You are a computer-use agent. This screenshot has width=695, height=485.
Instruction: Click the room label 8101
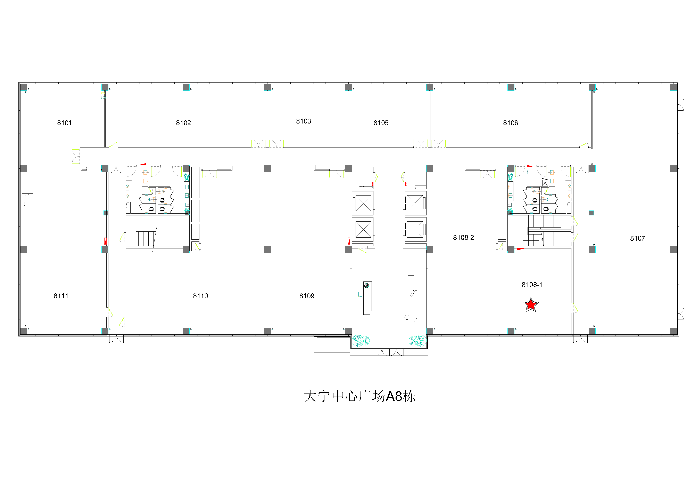[65, 123]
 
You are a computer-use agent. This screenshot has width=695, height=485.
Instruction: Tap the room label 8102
[183, 123]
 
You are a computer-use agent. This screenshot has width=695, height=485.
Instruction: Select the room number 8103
[304, 121]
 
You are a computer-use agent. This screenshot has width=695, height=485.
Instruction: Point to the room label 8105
[381, 123]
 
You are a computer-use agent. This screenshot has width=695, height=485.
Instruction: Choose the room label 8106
[511, 123]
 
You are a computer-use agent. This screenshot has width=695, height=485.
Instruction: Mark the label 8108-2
[463, 238]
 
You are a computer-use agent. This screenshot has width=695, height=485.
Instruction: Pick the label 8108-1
[532, 285]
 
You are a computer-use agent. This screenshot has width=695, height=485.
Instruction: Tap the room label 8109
[307, 296]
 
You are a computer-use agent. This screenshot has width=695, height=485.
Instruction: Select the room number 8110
[200, 296]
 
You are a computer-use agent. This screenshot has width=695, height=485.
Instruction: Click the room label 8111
[61, 296]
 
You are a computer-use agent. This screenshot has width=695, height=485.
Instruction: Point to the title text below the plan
[360, 396]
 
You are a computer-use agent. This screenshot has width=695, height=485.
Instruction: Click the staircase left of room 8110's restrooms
[146, 239]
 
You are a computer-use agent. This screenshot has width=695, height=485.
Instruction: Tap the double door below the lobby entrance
[389, 352]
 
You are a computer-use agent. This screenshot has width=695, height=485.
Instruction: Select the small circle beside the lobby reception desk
[407, 317]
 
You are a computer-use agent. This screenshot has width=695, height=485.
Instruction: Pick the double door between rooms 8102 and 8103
[267, 144]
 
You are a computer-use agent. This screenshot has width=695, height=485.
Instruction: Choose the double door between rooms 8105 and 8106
[430, 144]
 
